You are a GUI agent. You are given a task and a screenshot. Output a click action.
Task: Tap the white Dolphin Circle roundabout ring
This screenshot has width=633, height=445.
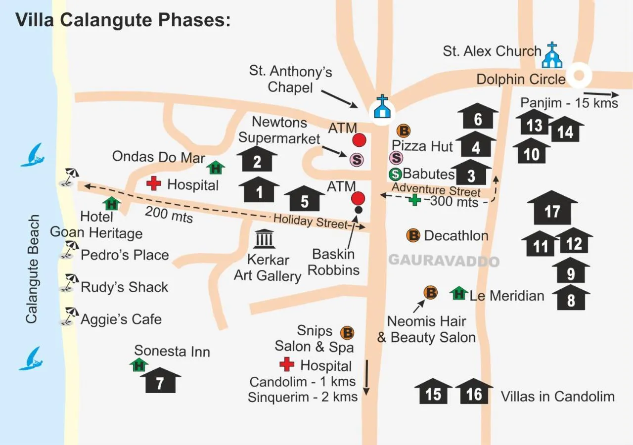[579, 76]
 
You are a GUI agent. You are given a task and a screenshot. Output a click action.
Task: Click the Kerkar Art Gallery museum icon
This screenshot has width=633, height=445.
[265, 239]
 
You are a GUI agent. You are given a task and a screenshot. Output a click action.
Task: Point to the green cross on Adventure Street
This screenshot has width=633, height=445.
[414, 200]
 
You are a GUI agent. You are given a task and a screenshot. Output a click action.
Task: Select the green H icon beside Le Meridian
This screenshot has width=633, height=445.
[459, 294]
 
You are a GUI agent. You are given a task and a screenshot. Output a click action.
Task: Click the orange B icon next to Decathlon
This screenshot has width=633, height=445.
[413, 235]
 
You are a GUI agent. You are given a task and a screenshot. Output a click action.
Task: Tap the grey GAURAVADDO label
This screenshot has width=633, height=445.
[444, 261]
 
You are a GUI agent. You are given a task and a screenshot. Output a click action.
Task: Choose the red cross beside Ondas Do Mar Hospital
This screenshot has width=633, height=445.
[154, 183]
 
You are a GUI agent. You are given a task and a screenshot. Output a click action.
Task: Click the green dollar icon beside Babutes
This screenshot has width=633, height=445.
[396, 174]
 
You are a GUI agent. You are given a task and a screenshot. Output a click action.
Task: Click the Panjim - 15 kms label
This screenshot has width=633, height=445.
[569, 103]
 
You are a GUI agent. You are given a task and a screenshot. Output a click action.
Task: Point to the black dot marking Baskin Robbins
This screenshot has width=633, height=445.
[358, 210]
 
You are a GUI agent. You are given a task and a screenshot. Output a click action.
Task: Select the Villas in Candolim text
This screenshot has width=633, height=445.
[557, 397]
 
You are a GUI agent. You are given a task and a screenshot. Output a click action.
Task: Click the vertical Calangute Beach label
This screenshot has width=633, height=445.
[33, 269]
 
